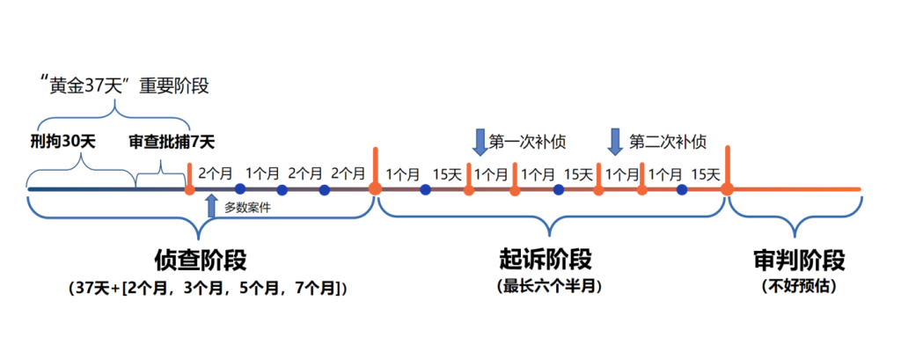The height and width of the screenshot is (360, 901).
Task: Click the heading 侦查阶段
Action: [201, 261]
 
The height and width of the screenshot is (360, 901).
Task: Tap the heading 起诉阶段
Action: [546, 261]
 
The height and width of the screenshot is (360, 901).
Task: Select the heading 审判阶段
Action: [799, 261]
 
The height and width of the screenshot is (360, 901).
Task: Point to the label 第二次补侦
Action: [667, 140]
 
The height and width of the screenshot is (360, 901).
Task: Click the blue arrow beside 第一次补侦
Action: [480, 141]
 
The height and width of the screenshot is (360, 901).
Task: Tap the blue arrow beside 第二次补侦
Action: [615, 141]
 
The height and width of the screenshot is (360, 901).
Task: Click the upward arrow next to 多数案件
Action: [211, 206]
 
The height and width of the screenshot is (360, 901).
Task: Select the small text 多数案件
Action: [247, 208]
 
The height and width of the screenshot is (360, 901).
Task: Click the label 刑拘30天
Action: [63, 141]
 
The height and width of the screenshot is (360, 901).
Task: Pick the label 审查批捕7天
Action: [171, 141]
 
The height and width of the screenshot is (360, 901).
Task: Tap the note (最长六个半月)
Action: [545, 287]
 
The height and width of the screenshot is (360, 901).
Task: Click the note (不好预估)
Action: [799, 287]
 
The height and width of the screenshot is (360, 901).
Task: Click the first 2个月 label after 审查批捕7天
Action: [216, 173]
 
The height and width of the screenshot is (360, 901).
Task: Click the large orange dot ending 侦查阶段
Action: [375, 188]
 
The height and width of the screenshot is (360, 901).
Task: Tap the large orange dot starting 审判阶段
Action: [728, 188]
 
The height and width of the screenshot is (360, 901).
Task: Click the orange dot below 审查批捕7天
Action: [189, 189]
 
